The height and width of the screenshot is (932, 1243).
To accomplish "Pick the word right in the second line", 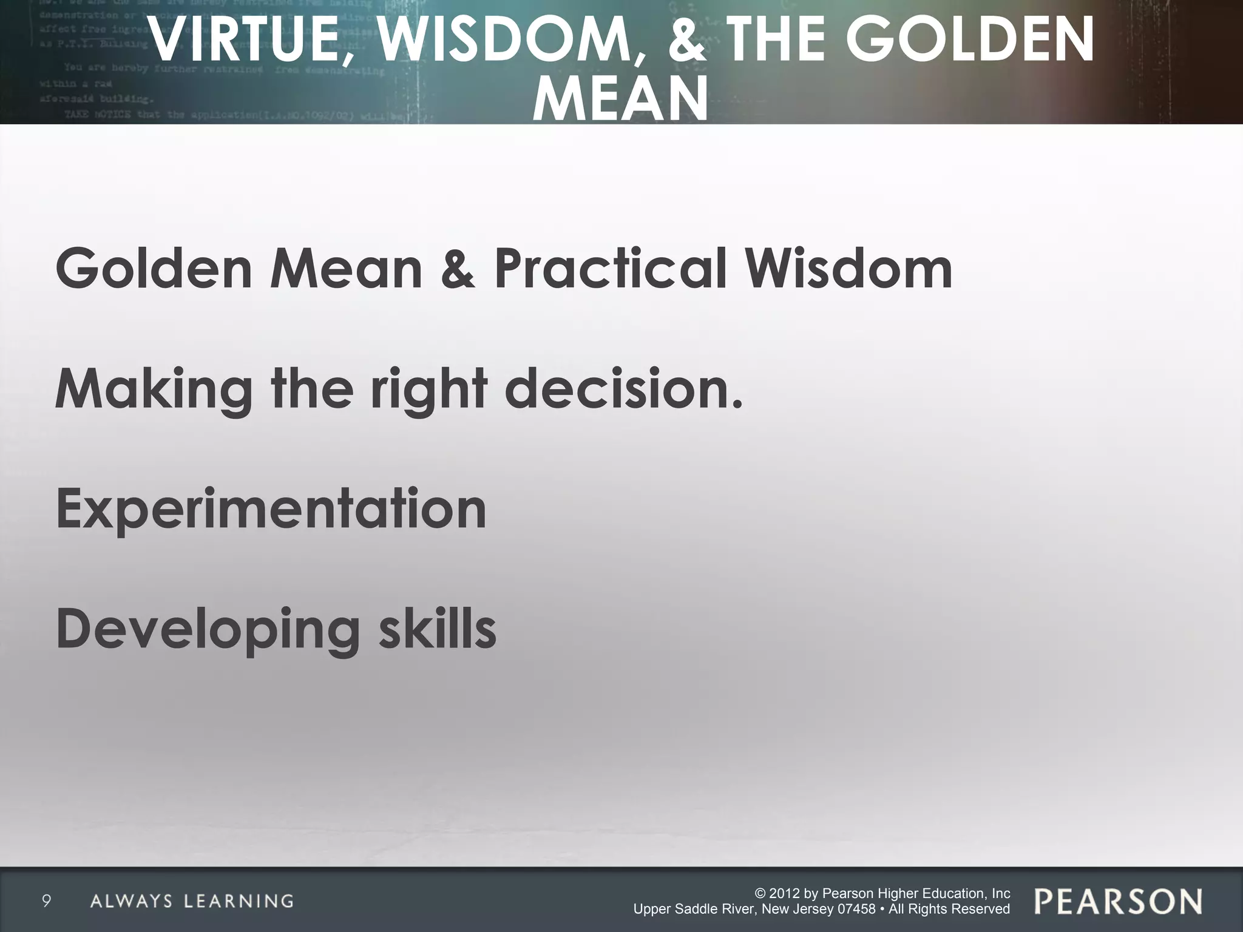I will click(x=428, y=390).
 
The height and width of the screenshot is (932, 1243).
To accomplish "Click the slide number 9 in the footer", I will click(x=46, y=901).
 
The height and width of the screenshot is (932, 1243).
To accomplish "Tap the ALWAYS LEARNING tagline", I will click(x=192, y=901).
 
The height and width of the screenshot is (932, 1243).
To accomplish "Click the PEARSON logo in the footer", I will click(x=1118, y=902).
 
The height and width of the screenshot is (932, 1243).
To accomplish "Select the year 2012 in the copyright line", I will click(x=784, y=893).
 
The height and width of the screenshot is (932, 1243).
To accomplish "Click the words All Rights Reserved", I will click(x=949, y=909).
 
